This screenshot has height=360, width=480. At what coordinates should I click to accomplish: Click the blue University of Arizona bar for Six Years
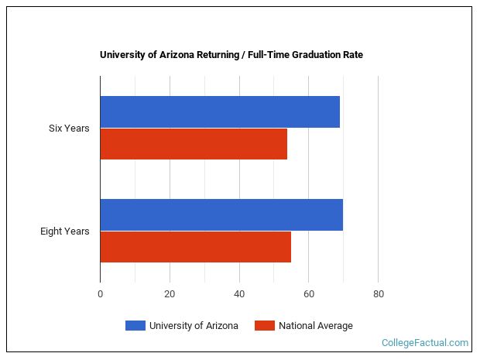coord(220,112)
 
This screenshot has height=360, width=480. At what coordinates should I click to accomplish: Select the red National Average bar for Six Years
coord(194,144)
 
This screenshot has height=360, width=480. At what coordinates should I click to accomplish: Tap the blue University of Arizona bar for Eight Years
coord(221,214)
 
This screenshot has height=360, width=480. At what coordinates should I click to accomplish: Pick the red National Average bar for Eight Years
coord(195,247)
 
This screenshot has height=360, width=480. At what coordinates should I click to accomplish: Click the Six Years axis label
coord(69,129)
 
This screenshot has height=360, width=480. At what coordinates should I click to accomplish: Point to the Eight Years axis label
coord(65,231)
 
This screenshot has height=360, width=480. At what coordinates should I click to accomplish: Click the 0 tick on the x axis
coord(100,294)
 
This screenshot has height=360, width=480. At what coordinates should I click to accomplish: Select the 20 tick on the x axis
coord(170,294)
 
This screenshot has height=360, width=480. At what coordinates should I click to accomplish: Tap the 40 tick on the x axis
coord(239,294)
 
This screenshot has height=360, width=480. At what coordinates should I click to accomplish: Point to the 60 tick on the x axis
coord(308,294)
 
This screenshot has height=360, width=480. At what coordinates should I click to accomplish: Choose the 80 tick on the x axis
coord(378,294)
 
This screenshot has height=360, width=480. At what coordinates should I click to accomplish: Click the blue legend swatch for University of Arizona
coord(135,326)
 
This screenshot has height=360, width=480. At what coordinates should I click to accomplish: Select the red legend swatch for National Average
coord(264,326)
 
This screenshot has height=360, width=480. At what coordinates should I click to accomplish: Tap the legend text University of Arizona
coord(194,326)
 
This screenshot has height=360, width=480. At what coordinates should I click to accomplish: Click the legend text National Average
coord(316,326)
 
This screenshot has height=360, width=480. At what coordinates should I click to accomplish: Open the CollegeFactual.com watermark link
coord(425,342)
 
